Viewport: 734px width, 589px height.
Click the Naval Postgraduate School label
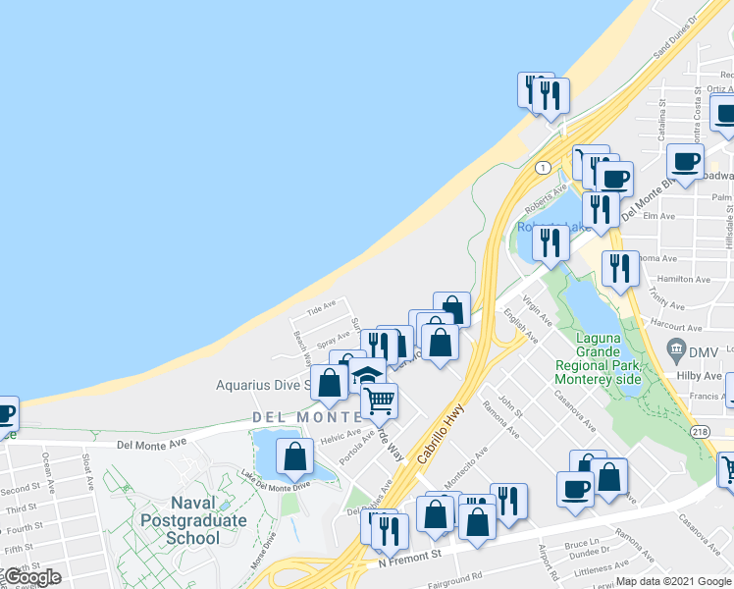(x=193, y=520)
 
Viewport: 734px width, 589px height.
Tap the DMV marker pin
(x=675, y=348)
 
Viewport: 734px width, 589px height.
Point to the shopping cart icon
(x=379, y=400)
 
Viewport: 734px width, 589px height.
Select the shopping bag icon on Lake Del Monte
(x=294, y=455)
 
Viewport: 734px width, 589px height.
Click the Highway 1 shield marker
(x=543, y=168)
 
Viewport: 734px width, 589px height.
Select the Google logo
(x=31, y=577)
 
